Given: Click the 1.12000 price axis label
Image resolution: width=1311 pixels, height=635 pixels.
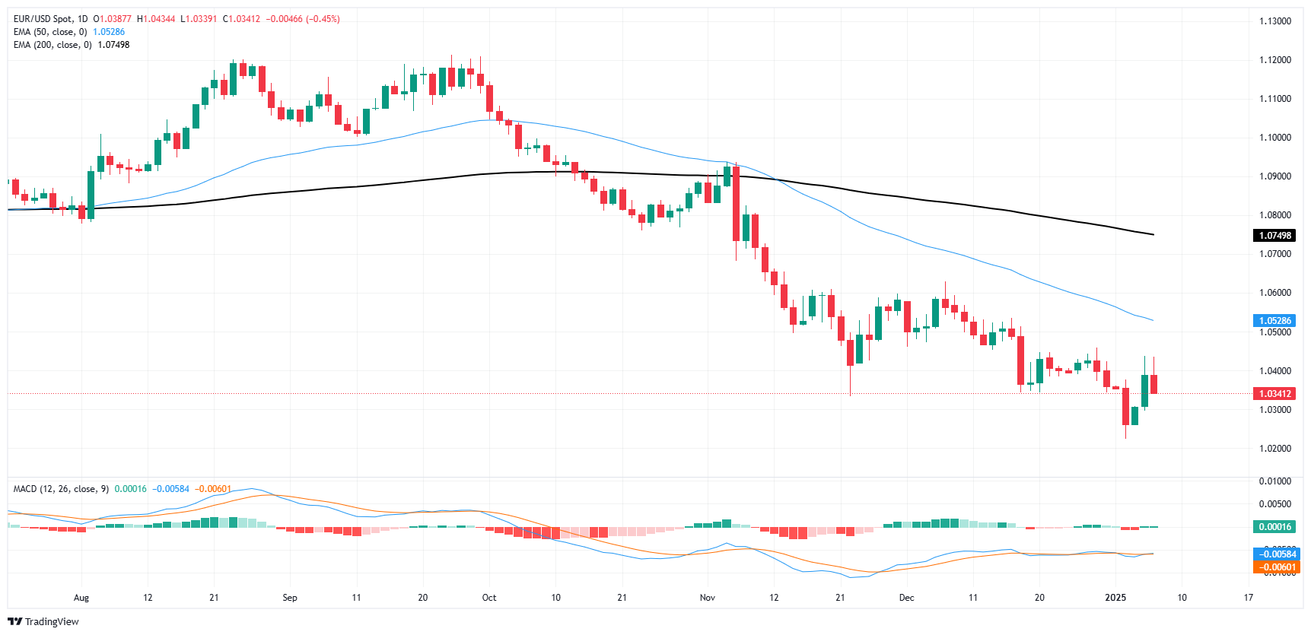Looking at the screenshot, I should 1274,60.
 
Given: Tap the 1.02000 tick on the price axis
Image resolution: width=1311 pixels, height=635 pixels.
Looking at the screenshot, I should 1274,449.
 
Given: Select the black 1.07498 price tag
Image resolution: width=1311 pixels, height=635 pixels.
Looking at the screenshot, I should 1274,236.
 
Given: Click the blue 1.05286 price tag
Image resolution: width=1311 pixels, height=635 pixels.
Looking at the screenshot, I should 1274,321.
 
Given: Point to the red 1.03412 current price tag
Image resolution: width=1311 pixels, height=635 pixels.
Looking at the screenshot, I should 1274,394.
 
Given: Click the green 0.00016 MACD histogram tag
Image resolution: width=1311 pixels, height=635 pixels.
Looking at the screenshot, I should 1274,527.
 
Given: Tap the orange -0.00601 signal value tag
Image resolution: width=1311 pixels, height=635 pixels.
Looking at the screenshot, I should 1276,567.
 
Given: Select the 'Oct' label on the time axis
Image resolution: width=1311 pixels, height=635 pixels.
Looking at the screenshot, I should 489,598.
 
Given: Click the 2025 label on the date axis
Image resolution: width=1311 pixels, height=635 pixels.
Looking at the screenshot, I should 1115,598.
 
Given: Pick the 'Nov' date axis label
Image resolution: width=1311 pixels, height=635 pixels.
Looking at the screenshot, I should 708,598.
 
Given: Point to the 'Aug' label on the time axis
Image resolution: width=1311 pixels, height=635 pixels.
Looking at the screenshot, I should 81,598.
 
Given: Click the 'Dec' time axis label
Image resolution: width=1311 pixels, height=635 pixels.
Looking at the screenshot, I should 906,598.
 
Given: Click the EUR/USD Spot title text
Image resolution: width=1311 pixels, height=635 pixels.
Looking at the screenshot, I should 50,19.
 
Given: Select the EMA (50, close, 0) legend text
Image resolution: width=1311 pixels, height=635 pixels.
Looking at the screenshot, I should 50,32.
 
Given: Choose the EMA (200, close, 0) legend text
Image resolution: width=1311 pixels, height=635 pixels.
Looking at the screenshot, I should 53,45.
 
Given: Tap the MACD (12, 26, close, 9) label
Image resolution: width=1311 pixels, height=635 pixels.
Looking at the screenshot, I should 61,489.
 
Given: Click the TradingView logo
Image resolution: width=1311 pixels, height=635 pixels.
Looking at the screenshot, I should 43,621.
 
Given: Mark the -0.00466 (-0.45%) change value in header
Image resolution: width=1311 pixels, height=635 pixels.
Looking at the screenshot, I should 303,19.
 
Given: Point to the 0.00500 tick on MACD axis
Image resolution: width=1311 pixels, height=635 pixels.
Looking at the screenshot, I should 1274,504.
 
